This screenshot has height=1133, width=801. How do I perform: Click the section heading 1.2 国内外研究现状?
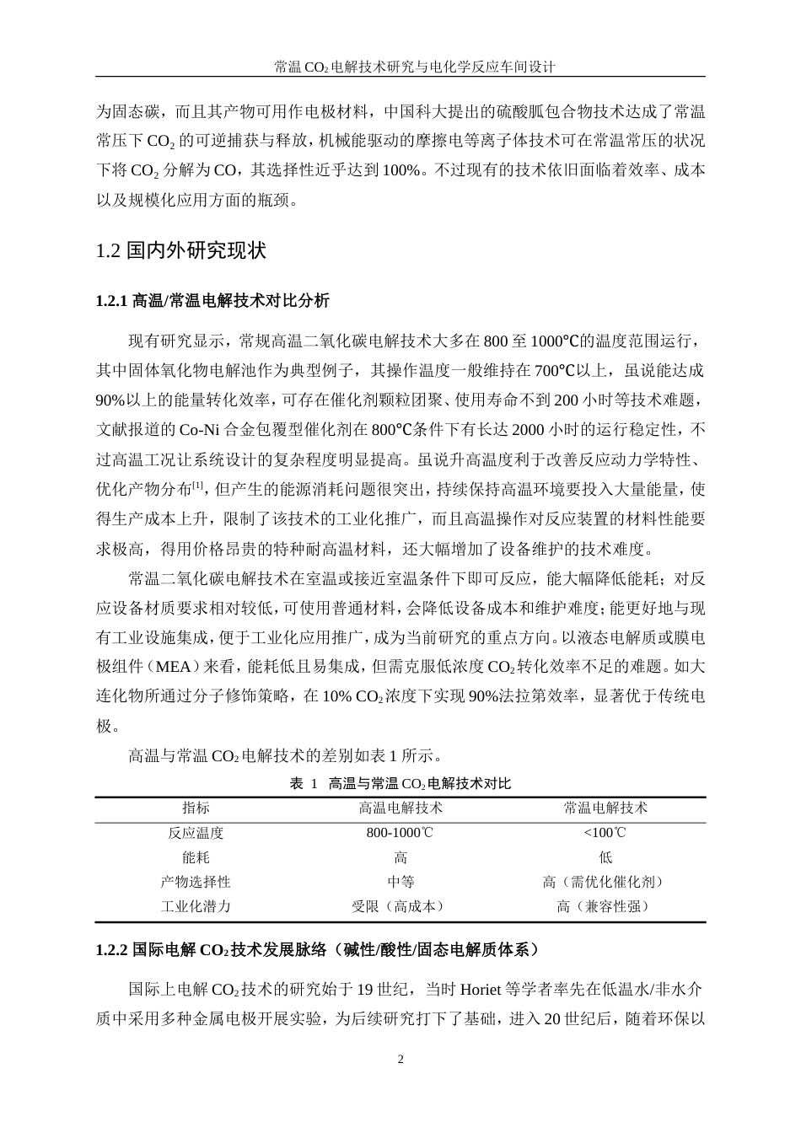pos(181,251)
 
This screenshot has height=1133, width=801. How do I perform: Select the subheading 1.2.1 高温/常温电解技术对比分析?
pos(212,301)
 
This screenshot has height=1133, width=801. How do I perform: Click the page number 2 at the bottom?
pos(400,1060)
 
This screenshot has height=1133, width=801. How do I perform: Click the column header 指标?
pos(196,808)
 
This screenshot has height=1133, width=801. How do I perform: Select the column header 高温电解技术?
pos(400,808)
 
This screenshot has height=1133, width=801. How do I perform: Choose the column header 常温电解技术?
pos(605,808)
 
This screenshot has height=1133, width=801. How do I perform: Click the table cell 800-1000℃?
pos(400,833)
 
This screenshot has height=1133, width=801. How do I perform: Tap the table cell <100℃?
pos(605,833)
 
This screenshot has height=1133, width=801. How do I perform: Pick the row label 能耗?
pos(196,857)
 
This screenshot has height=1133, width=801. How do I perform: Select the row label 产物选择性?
pos(196,882)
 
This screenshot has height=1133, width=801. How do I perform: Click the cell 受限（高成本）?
pos(400,907)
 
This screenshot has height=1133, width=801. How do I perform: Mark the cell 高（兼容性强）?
pos(605,907)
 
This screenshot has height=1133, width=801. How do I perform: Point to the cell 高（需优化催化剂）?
pos(605,882)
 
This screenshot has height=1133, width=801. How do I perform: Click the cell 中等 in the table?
pos(400,882)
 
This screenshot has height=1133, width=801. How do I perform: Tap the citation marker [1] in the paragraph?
pos(198,485)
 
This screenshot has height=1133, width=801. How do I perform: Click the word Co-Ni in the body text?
pos(199,429)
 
